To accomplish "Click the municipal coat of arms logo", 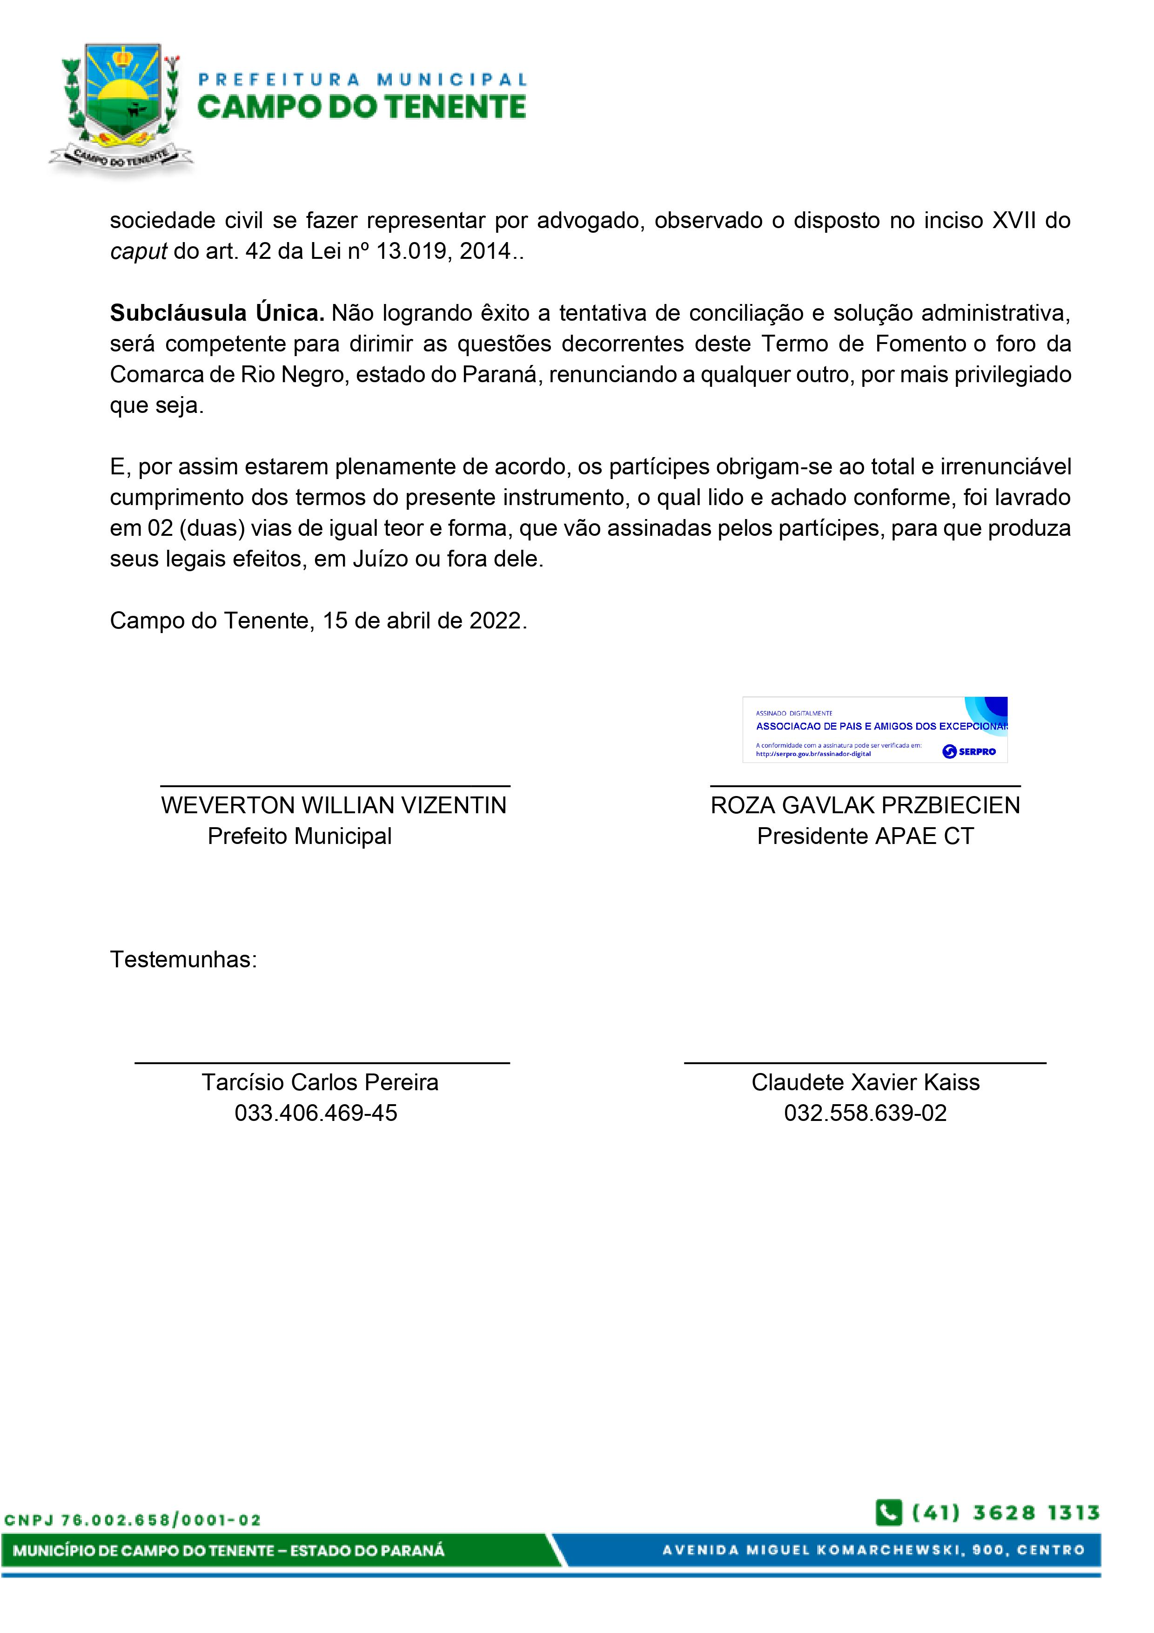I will [121, 107].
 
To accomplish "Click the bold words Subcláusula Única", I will [217, 313].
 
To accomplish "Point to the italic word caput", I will [139, 251].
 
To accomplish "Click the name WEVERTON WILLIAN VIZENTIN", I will [334, 805].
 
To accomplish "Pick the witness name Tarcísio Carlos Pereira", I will [320, 1082].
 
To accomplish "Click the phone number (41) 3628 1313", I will [1006, 1513].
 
